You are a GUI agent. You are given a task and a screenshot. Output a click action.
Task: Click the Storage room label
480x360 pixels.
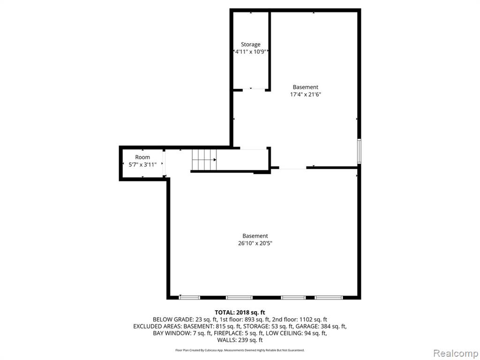click(x=250, y=45)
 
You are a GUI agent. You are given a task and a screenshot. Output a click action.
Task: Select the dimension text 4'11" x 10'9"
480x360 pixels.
click(x=250, y=52)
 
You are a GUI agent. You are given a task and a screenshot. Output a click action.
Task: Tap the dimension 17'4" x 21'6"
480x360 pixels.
click(x=305, y=95)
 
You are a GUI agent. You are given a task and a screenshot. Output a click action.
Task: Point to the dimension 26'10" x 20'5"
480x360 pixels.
click(x=255, y=243)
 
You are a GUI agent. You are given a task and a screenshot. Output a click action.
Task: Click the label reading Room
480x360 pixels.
click(x=142, y=157)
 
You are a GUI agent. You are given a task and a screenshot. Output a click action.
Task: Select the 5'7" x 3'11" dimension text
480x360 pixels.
click(x=142, y=165)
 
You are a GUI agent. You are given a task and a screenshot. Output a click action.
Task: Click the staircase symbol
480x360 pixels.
click(x=204, y=160)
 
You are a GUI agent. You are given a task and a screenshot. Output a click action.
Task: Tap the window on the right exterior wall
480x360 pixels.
click(x=359, y=151)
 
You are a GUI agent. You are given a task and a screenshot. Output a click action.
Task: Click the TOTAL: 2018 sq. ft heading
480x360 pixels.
click(x=240, y=313)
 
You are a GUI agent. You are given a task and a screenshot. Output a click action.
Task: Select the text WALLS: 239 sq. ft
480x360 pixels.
click(x=240, y=340)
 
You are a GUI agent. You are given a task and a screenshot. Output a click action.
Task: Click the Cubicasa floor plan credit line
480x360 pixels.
click(x=240, y=350)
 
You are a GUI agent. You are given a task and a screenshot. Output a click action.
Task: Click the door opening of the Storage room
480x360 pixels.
click(x=254, y=90)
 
